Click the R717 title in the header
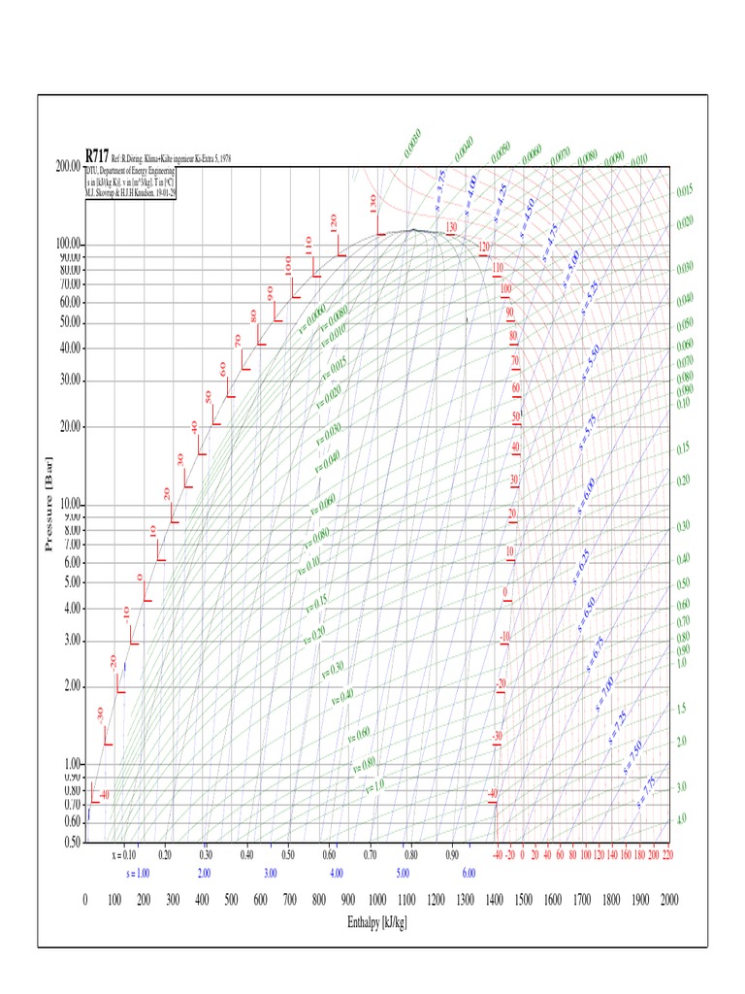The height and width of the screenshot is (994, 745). (x=97, y=155)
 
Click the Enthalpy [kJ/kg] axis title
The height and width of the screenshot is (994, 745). (x=377, y=921)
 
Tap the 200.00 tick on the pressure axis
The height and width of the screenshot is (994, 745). (x=68, y=166)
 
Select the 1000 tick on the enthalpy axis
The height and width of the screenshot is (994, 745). (x=377, y=900)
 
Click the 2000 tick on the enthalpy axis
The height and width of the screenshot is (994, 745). (x=667, y=900)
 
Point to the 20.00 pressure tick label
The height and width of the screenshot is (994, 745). (x=68, y=426)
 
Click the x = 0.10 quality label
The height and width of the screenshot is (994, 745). (x=123, y=855)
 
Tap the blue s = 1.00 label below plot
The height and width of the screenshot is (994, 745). (x=137, y=874)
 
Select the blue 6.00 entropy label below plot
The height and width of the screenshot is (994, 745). (x=469, y=874)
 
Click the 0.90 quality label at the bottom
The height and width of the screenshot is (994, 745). (x=452, y=855)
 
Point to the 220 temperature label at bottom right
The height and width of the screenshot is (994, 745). (x=666, y=855)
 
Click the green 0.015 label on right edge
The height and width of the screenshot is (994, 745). (x=684, y=190)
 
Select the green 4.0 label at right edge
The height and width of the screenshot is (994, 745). (x=681, y=819)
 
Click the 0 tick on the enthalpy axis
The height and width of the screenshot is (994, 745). (x=85, y=900)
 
